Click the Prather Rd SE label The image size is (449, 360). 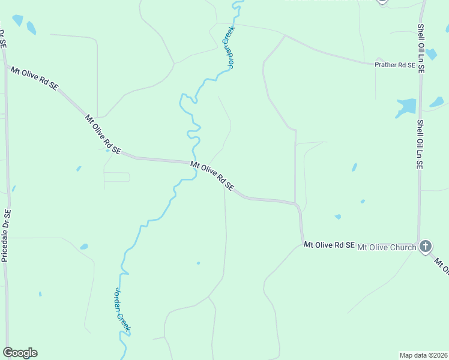pos(394,65)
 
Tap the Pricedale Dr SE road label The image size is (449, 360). pos(6,235)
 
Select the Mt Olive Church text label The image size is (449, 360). pos(387,247)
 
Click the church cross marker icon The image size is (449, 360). pos(425,246)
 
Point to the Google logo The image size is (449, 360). pos(20,353)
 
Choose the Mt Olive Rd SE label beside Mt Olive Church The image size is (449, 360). pos(330,245)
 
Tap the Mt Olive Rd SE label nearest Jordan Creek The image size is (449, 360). pos(212,176)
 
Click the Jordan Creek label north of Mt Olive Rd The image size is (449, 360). pos(229,47)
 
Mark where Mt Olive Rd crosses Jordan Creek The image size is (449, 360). pos(194,163)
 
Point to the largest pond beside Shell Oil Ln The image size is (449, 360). pos(407,107)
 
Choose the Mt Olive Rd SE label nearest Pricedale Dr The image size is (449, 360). pos(34,78)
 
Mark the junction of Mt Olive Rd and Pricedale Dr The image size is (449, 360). pos(6,66)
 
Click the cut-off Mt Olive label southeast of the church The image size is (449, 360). pos(441,267)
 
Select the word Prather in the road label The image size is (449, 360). pos(386,65)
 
